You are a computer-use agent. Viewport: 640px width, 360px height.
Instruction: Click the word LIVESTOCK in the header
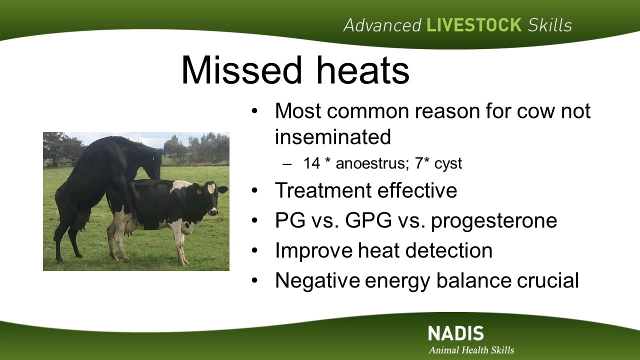[x=474, y=25]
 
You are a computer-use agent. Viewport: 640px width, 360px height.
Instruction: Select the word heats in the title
[x=363, y=70]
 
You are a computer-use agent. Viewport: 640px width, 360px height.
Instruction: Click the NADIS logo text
[x=456, y=333]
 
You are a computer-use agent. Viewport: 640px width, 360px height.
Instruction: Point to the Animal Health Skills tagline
[x=471, y=350]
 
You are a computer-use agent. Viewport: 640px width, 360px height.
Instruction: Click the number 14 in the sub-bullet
[x=311, y=163]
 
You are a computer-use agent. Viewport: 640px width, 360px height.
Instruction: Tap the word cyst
[x=448, y=164]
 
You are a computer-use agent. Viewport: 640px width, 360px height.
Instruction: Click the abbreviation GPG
[x=368, y=220]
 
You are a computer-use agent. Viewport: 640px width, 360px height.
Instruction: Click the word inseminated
[x=333, y=137]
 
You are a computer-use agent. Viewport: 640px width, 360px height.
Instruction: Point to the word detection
[x=449, y=250]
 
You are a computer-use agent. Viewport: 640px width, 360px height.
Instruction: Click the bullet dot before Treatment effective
[x=254, y=190]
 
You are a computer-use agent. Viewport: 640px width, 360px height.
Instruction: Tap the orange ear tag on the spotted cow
[x=199, y=191]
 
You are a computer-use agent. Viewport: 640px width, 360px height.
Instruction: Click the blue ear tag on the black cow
[x=153, y=157]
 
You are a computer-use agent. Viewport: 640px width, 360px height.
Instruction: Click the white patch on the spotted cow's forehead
[x=211, y=188]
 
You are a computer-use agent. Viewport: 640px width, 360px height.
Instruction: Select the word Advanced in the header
[x=382, y=25]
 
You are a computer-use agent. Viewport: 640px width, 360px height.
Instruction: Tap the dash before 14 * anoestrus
[x=287, y=164]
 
